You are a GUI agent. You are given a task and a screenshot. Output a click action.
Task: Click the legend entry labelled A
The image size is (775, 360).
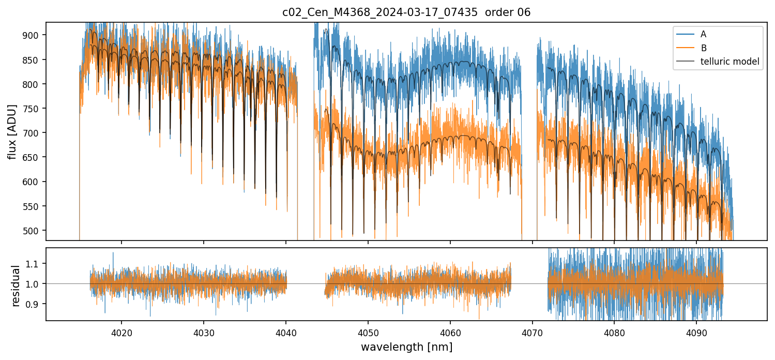pos(703,34)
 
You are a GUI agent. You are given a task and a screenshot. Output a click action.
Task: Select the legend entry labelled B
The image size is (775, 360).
pos(703,48)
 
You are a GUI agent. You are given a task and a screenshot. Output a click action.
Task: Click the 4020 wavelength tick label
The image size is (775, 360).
pos(121,332)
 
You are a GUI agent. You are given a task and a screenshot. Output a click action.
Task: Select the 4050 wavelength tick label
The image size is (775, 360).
pos(368,332)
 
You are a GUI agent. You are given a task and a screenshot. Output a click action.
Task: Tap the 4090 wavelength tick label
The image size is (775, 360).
pos(696,332)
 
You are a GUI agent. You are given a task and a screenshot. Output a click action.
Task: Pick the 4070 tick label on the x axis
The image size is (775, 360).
pos(532,332)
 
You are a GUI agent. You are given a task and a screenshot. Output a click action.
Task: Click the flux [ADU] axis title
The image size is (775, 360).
pos(12,131)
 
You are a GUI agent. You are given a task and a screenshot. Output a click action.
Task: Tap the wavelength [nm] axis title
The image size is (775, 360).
pos(406,347)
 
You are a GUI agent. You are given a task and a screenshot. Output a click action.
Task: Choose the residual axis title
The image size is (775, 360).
pos(16,286)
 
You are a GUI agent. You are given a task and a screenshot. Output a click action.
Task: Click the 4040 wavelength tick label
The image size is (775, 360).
pos(286,332)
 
